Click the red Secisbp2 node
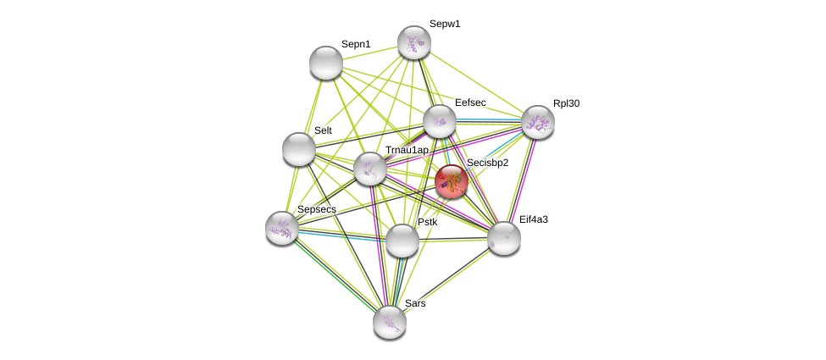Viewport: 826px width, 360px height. pyautogui.click(x=452, y=181)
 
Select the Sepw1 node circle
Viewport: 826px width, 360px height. pyautogui.click(x=414, y=42)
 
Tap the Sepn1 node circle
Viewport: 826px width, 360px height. pyautogui.click(x=325, y=63)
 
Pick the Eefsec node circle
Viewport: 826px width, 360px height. pyautogui.click(x=440, y=121)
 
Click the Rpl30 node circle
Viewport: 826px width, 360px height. pyautogui.click(x=537, y=122)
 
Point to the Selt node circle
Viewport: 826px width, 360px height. pyautogui.click(x=299, y=149)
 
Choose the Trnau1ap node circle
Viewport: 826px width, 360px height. pyautogui.click(x=370, y=169)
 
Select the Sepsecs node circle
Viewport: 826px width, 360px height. pyautogui.click(x=282, y=228)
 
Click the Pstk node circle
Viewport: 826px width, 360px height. pyautogui.click(x=402, y=241)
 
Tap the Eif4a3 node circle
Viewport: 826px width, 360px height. pyautogui.click(x=503, y=238)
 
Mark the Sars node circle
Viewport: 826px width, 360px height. pyautogui.click(x=390, y=322)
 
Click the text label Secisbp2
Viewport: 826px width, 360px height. pyautogui.click(x=488, y=163)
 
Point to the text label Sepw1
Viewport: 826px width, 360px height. pyautogui.click(x=445, y=24)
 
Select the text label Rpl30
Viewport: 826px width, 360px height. pyautogui.click(x=567, y=103)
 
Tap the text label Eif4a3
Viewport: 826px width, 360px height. pyautogui.click(x=534, y=219)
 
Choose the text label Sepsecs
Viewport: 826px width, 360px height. pyautogui.click(x=317, y=209)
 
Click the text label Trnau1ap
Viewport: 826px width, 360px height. pyautogui.click(x=407, y=150)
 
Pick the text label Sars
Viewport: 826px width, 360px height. pyautogui.click(x=415, y=303)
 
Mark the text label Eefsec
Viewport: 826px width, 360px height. pyautogui.click(x=470, y=102)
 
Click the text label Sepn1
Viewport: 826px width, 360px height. pyautogui.click(x=356, y=44)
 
